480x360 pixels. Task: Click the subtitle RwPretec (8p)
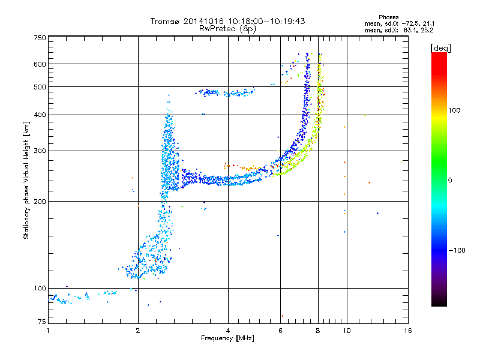[x=228, y=28]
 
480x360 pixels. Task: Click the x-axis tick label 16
[x=407, y=331]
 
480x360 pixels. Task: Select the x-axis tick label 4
[x=228, y=331]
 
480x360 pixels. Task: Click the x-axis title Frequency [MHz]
[x=227, y=338]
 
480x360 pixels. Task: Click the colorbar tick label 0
[x=450, y=180]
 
